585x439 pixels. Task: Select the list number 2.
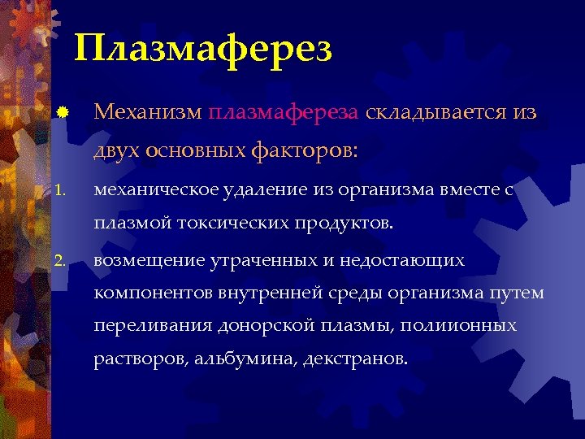[x=60, y=262]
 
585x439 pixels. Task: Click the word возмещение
[x=146, y=261]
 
